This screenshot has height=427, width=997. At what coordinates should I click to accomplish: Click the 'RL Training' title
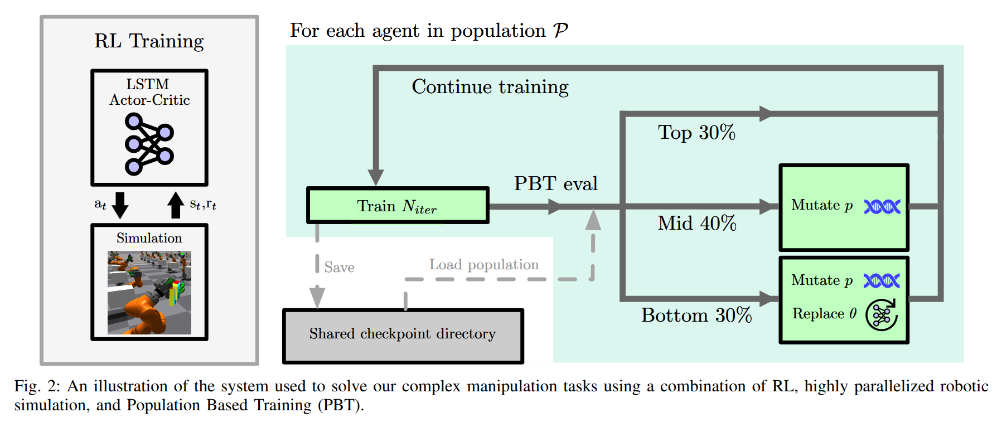point(149,41)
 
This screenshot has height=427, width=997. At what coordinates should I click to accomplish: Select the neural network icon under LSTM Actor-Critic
point(149,144)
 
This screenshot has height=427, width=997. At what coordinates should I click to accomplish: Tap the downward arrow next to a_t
point(120,205)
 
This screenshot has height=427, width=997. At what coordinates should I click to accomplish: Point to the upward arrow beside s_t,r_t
point(176,205)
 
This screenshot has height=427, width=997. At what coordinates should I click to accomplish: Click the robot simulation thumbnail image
point(149,292)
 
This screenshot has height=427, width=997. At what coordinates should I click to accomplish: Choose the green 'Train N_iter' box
point(398,206)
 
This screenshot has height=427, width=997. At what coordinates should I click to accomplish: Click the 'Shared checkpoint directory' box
point(403,335)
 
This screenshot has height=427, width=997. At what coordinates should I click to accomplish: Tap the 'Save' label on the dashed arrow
point(339,268)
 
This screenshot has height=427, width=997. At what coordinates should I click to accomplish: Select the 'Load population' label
point(484,265)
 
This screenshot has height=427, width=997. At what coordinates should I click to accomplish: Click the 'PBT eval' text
point(555,183)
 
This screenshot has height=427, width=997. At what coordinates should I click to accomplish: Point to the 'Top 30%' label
point(696,133)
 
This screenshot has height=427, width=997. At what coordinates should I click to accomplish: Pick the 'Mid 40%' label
point(697,223)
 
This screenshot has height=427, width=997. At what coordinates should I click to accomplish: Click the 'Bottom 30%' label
point(696,316)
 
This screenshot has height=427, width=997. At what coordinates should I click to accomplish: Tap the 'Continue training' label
point(490,87)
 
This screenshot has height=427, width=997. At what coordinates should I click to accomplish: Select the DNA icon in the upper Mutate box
point(882,207)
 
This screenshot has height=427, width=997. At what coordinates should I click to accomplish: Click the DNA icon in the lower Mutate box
point(882,281)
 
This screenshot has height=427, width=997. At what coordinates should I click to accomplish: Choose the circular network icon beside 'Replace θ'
point(882,315)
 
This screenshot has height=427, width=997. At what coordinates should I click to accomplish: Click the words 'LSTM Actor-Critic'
point(149,92)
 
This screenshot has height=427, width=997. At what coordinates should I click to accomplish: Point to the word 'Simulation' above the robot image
point(149,238)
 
